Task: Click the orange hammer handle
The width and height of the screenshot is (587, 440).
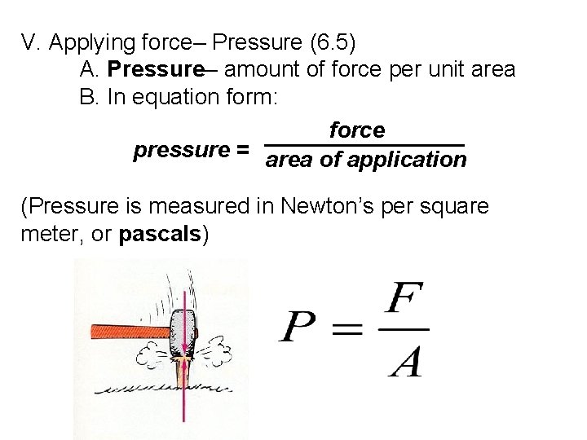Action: coord(122,331)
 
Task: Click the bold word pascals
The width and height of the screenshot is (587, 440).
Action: coord(160,235)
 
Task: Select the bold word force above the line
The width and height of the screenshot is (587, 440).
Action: coord(357,130)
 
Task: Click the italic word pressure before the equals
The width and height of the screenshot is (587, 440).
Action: coord(181,150)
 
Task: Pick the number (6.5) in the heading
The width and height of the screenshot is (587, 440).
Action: coord(329,42)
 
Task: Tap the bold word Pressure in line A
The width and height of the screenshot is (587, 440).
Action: coord(154,69)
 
